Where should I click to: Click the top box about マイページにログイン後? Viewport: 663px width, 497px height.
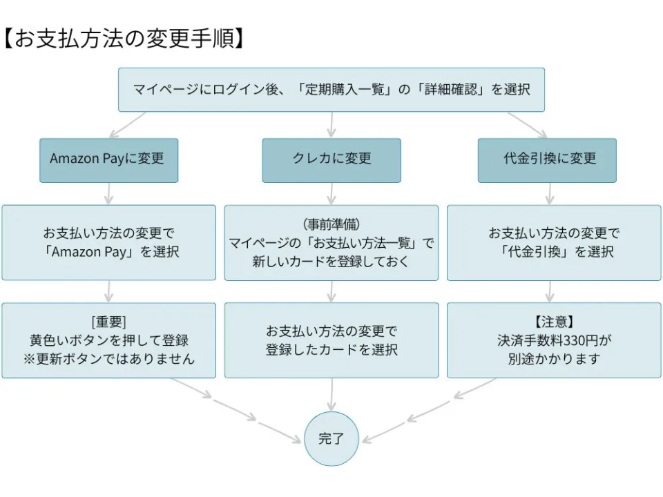331,90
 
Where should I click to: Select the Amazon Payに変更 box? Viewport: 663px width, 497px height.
108,160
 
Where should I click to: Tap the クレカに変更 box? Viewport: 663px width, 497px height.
331,160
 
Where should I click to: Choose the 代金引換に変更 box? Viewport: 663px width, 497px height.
547,160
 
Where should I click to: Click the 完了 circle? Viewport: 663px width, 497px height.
331,438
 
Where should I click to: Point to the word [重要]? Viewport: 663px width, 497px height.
108,322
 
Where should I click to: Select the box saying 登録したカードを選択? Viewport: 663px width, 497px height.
331,340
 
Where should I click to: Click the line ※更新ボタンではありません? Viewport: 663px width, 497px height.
108,359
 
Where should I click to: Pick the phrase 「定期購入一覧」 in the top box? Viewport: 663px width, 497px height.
345,90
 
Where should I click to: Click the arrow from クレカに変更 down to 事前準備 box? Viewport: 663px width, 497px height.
331,193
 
